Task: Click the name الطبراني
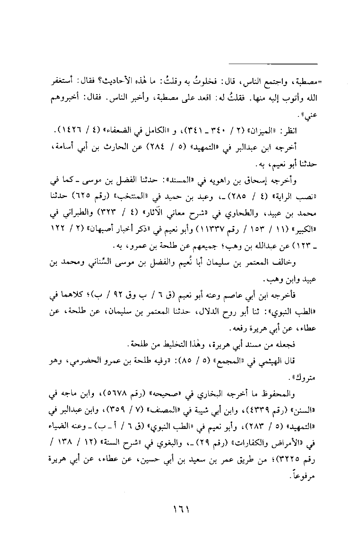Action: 74,214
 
